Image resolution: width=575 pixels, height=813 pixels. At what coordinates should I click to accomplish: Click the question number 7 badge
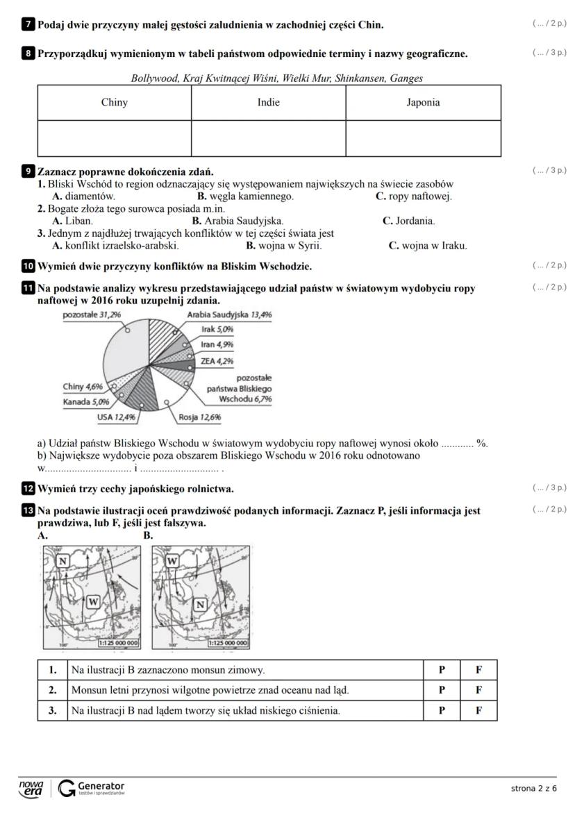pos(28,25)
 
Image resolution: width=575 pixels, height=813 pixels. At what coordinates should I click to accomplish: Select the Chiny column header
pos(115,103)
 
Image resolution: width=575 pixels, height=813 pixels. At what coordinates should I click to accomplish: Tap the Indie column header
pos(269,103)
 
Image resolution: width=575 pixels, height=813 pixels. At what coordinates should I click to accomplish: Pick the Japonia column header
pos(423,103)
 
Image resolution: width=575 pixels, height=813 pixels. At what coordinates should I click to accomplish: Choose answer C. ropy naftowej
pos(414,196)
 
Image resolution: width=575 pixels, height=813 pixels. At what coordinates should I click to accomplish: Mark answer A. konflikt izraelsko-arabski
pos(116,245)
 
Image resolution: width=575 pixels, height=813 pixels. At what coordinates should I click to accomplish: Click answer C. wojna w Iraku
pos(428,245)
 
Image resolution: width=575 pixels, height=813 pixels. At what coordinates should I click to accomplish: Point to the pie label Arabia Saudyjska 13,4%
pos(229,315)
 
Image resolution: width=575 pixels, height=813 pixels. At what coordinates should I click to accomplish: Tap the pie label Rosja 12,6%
pos(199,417)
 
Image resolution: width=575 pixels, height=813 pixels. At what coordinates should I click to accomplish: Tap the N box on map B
pos(200,604)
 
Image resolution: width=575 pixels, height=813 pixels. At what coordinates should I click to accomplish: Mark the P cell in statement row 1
pos(442,671)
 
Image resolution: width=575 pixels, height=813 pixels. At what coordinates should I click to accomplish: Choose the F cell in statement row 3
pos(478,711)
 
